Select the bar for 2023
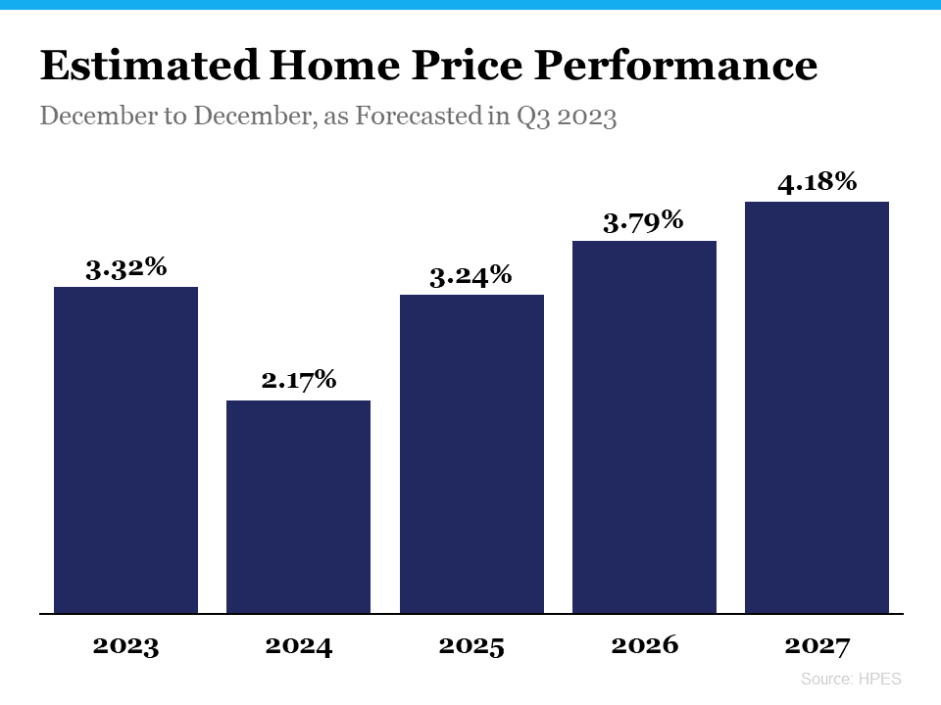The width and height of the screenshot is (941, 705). point(125,450)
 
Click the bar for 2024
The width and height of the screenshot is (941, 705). point(298,507)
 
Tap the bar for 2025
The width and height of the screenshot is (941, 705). point(471,454)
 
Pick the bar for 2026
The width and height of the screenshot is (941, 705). point(644,427)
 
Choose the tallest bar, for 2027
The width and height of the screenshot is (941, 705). point(817,407)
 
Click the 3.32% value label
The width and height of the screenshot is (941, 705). point(125,267)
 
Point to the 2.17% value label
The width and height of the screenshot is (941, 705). point(299,380)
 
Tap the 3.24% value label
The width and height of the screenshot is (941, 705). point(471,275)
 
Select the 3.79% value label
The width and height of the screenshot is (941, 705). point(643,221)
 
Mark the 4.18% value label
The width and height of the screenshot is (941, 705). point(817,182)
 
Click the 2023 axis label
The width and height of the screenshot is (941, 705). point(125,646)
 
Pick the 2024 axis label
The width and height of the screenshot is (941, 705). point(298,646)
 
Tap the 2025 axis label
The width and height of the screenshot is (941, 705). point(471,646)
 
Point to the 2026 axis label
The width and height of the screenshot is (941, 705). point(644,646)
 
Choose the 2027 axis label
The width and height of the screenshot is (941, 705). point(817,646)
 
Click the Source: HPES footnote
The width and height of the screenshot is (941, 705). point(850,679)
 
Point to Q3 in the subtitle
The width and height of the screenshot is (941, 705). point(528,117)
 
